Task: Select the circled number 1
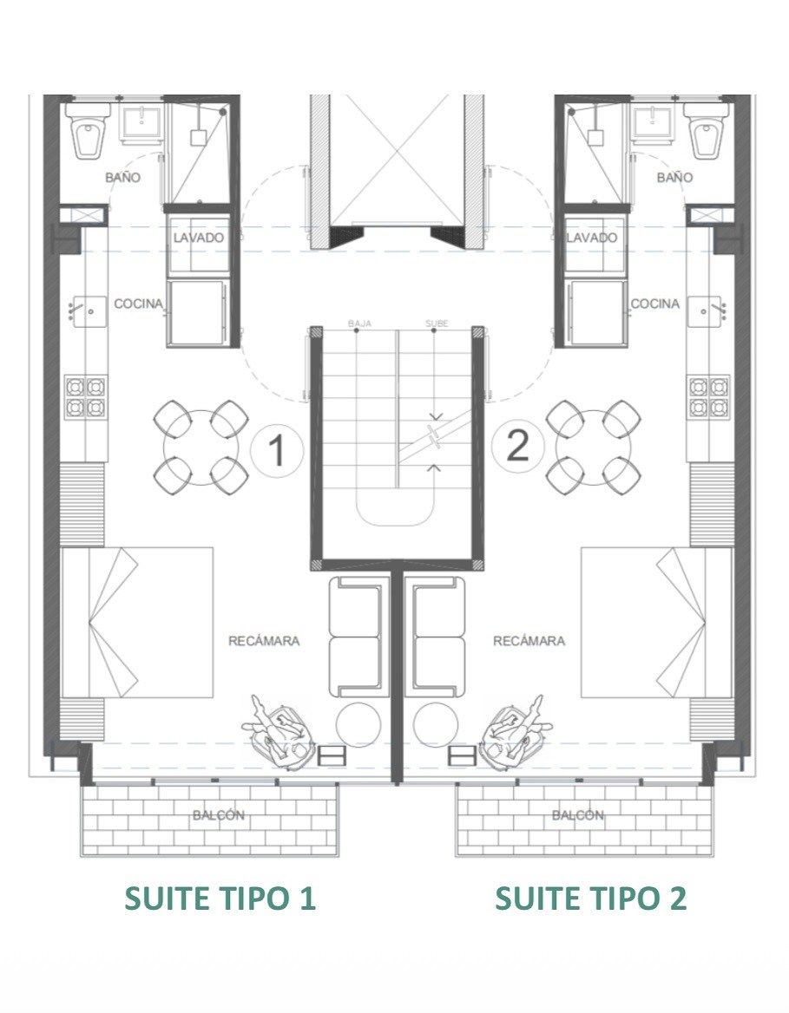coord(277,449)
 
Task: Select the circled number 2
coord(517,446)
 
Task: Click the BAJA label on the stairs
coord(359,324)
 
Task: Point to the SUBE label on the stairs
coord(437,324)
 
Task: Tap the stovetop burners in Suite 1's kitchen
coord(86,396)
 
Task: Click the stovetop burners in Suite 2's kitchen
coord(709,396)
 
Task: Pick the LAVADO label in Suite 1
coord(199,237)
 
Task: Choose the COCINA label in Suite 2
coord(655,303)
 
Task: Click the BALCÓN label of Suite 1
coord(219,815)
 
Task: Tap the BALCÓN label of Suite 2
coord(578,815)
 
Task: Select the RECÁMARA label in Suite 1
coord(264,641)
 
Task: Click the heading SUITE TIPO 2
coord(590,899)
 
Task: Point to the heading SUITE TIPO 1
coord(220,899)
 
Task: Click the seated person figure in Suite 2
coord(516,732)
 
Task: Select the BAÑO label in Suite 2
coord(674,177)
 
